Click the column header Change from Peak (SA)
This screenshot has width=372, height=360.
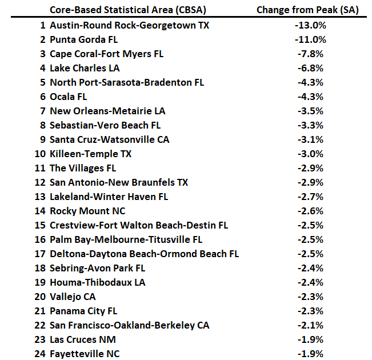311,10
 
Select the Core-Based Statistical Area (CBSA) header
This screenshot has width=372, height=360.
128,10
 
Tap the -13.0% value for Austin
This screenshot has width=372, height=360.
311,25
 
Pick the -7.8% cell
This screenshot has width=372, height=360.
311,54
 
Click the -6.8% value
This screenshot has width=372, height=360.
311,68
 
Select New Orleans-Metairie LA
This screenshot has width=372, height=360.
107,111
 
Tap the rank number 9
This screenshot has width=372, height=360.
42,139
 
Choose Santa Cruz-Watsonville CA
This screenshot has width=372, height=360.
110,139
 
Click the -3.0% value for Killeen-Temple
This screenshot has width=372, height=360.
311,154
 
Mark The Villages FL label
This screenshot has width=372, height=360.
83,168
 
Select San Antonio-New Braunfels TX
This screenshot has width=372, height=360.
119,182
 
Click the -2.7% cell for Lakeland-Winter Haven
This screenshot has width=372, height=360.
311,197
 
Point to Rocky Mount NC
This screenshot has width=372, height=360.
87,211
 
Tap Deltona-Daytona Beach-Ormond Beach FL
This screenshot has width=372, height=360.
145,254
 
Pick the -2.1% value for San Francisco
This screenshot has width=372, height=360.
311,325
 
